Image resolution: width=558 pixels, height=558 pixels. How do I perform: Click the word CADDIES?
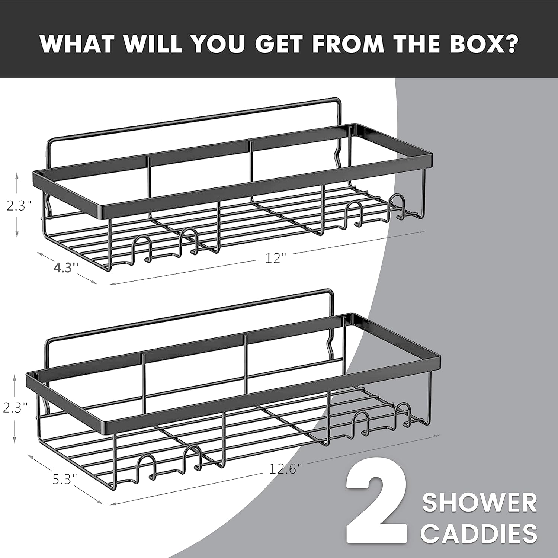479,533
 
